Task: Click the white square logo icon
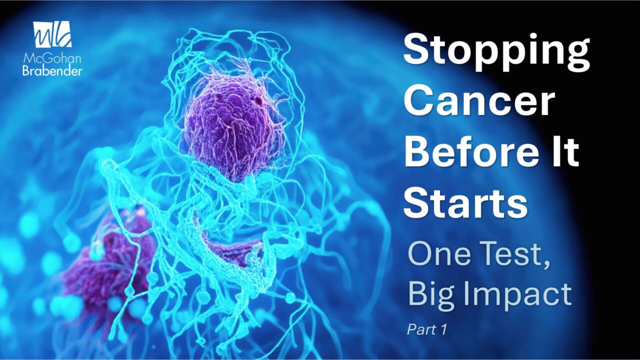click(52, 34)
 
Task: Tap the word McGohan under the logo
click(52, 59)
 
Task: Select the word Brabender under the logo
click(52, 70)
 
